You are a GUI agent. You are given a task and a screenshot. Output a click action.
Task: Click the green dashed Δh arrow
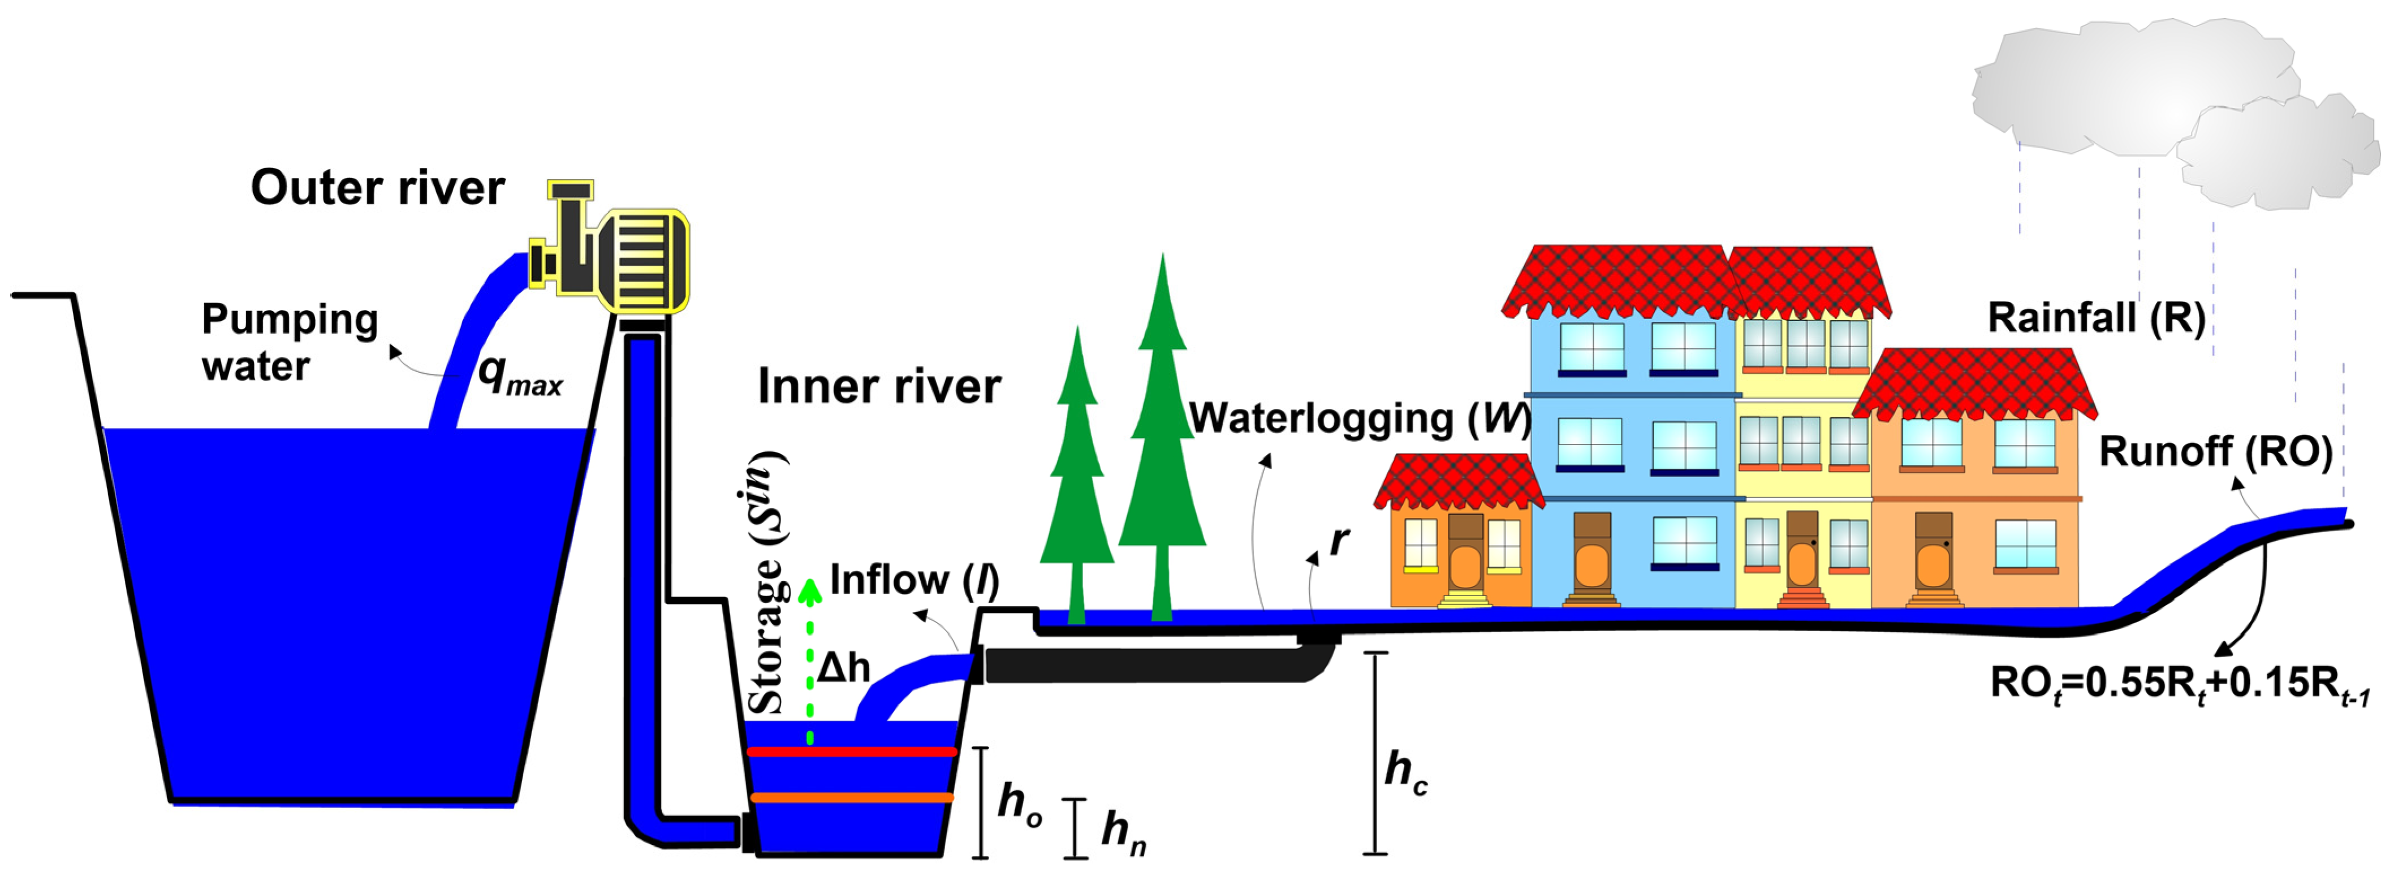[x=809, y=660]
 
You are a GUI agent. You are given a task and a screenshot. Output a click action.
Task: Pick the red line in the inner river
[x=851, y=751]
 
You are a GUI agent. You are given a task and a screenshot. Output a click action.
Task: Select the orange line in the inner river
[x=851, y=797]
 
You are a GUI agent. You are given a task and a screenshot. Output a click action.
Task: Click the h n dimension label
[x=1123, y=830]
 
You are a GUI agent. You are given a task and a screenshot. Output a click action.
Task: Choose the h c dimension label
[x=1405, y=771]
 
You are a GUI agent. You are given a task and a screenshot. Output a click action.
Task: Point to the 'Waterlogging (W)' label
[x=1358, y=419]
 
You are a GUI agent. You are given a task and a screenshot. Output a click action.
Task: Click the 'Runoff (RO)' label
[x=2215, y=452]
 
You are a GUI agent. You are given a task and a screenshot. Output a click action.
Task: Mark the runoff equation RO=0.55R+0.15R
[x=2179, y=685]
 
